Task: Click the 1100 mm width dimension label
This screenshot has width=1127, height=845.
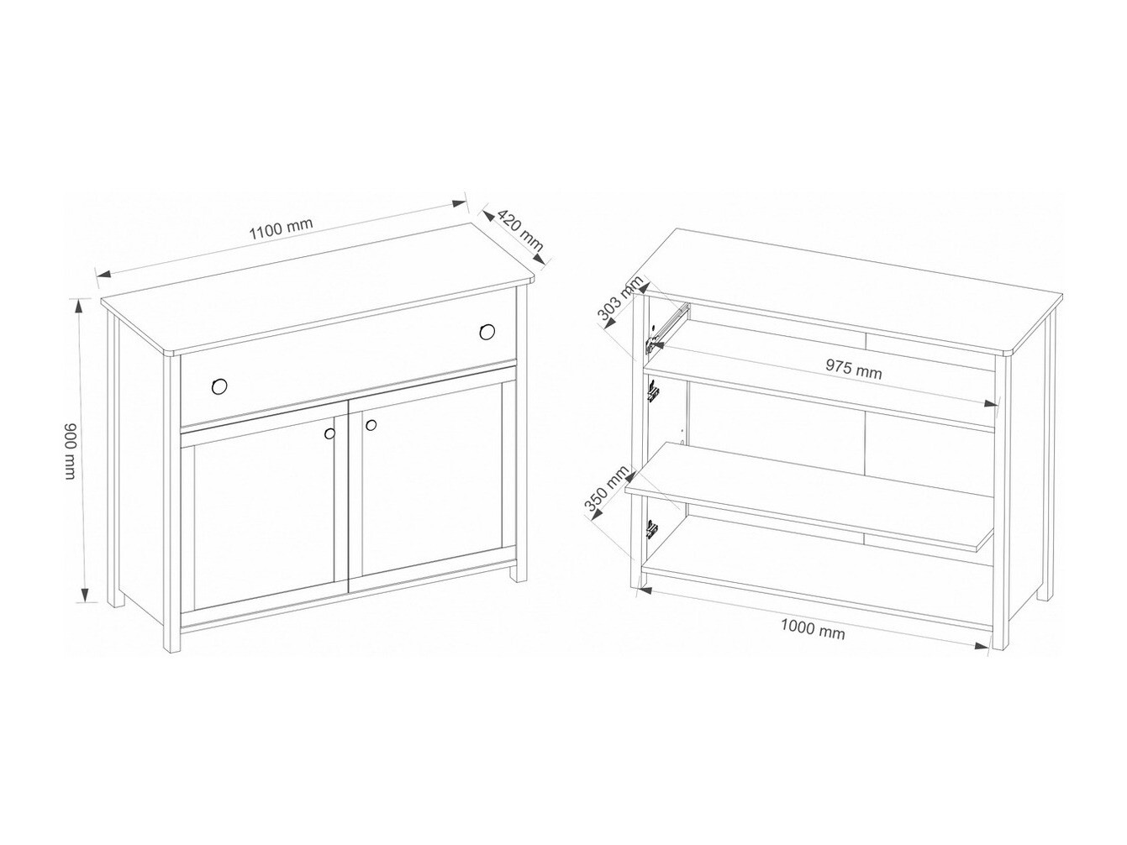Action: tap(281, 228)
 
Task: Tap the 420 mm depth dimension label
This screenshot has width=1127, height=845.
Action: tap(520, 230)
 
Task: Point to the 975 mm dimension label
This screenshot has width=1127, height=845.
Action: tap(853, 368)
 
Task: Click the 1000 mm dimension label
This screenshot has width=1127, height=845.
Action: tap(813, 630)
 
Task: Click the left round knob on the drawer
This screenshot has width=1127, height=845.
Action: tap(219, 386)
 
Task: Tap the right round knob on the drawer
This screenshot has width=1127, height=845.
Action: tap(487, 332)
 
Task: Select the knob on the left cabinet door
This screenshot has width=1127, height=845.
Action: tap(330, 433)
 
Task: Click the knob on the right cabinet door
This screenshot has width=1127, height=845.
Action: tap(371, 425)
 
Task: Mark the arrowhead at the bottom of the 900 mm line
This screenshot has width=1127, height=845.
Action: tap(84, 596)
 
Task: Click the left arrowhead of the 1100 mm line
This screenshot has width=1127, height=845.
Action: tap(104, 274)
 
